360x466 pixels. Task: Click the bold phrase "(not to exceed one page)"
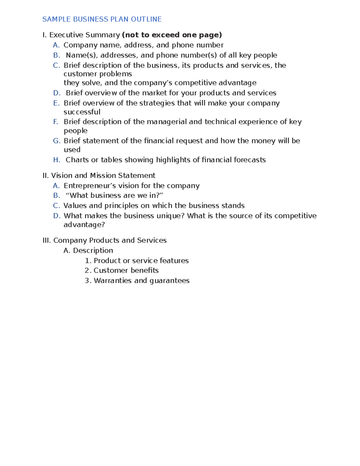click(x=172, y=35)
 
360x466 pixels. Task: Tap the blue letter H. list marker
click(x=57, y=160)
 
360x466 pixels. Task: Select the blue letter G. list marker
click(x=57, y=141)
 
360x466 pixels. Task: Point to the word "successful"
click(x=82, y=112)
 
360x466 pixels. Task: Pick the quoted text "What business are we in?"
click(x=114, y=196)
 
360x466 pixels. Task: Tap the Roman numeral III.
click(x=47, y=240)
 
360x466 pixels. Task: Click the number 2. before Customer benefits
click(x=88, y=270)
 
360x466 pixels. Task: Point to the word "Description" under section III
click(x=93, y=251)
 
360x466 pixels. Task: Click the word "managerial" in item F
click(x=166, y=122)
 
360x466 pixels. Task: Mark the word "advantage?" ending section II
click(x=84, y=225)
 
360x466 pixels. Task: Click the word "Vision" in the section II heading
click(x=61, y=176)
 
